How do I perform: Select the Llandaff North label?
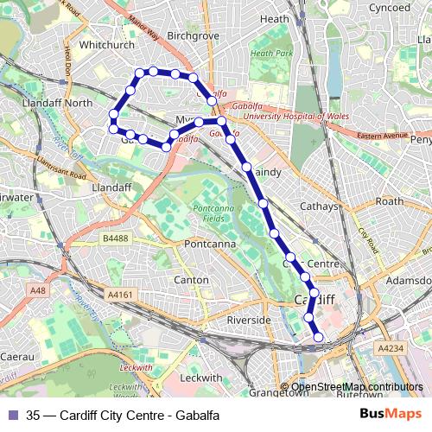(x=60, y=103)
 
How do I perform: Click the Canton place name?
(x=191, y=280)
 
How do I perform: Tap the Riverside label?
(x=249, y=320)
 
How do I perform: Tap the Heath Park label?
(x=267, y=54)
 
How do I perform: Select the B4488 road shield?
(x=115, y=238)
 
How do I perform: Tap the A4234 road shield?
(x=391, y=346)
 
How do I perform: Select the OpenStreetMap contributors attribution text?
(x=358, y=387)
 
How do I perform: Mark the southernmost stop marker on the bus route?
(x=318, y=337)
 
